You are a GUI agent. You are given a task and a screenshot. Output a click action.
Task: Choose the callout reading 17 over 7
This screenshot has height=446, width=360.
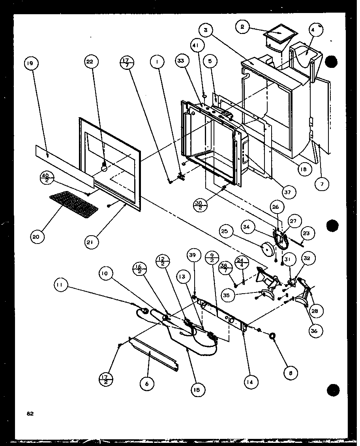(x=127, y=62)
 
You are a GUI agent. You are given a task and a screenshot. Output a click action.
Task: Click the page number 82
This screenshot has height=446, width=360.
(x=30, y=414)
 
